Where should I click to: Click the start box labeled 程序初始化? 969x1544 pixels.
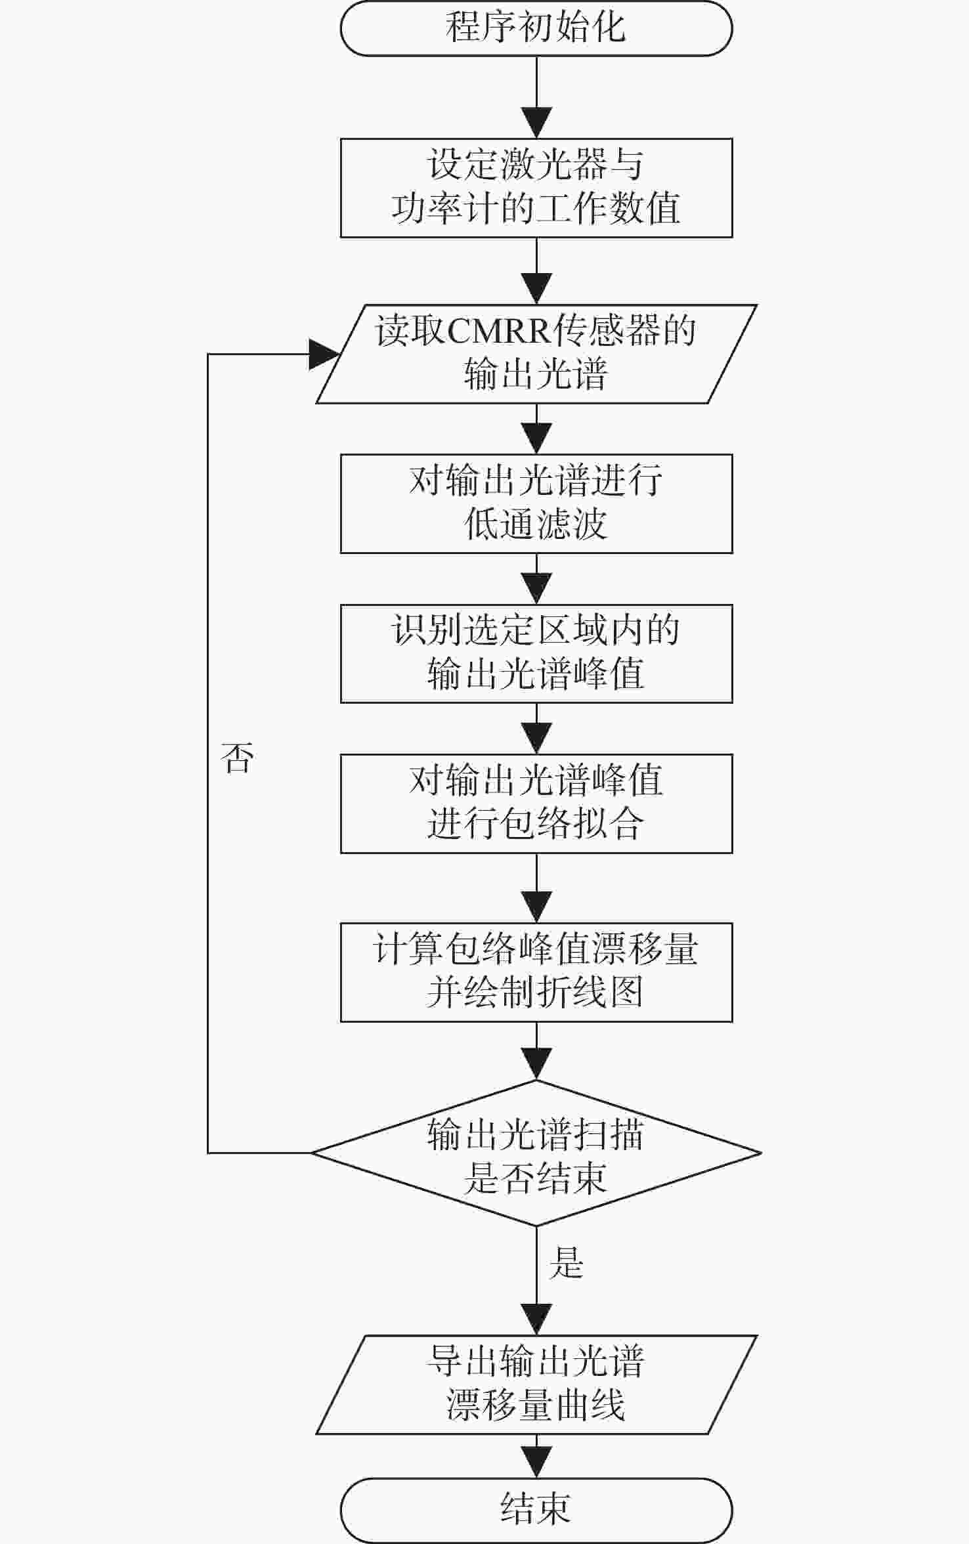536,28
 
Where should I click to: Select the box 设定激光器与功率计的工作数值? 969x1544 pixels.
536,188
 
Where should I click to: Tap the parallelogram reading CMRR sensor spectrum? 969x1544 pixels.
536,354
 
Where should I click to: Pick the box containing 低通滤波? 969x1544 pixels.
536,504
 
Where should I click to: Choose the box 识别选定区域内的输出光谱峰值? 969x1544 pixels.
536,653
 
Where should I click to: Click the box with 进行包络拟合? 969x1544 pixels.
536,804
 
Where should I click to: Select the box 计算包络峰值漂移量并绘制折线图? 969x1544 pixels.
536,972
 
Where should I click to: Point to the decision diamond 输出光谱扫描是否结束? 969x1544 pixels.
536,1153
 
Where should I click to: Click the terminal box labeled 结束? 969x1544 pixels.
536,1510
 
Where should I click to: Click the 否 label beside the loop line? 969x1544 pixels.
237,758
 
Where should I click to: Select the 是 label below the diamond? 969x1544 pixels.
566,1262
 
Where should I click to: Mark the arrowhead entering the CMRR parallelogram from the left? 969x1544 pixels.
324,354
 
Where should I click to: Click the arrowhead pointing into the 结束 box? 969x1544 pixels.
536,1463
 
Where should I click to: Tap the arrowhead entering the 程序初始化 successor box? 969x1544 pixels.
536,123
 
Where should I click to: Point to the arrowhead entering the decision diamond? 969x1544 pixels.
536,1064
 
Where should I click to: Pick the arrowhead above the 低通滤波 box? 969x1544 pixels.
536,439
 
